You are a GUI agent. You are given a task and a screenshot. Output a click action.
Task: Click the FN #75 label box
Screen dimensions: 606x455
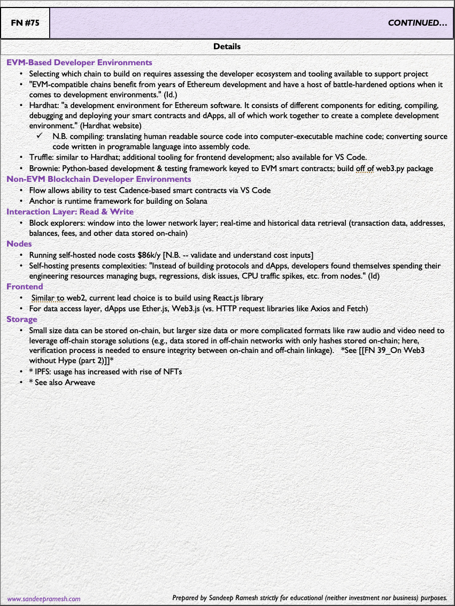pyautogui.click(x=25, y=23)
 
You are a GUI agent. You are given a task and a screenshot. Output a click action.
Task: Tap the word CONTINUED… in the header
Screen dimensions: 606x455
pyautogui.click(x=417, y=23)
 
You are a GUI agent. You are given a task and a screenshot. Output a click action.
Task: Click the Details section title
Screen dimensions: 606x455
pyautogui.click(x=227, y=47)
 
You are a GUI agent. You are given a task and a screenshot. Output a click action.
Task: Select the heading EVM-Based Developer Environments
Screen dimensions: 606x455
pyautogui.click(x=79, y=63)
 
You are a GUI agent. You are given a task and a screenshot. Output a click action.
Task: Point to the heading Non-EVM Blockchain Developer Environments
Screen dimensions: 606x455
pyautogui.click(x=98, y=179)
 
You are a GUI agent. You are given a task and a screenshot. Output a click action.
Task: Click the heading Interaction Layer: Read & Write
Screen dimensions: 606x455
pyautogui.click(x=70, y=212)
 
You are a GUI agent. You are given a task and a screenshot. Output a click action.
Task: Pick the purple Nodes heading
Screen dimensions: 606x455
pyautogui.click(x=19, y=244)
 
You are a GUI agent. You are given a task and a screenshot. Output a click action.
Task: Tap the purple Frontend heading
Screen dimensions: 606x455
pyautogui.click(x=25, y=287)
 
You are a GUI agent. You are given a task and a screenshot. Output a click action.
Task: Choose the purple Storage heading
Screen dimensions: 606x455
pyautogui.click(x=22, y=319)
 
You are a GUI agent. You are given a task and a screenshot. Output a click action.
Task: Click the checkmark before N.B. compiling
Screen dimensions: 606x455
pyautogui.click(x=40, y=136)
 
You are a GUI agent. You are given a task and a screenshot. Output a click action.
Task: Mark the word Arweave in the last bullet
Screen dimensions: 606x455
pyautogui.click(x=80, y=382)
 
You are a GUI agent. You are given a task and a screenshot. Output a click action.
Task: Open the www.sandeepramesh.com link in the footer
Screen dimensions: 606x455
pyautogui.click(x=44, y=599)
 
